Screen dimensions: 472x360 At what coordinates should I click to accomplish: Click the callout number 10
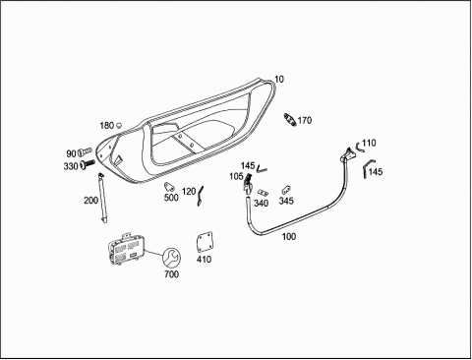279,79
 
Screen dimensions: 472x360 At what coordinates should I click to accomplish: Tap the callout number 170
305,120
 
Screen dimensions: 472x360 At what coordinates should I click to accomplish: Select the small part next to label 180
119,125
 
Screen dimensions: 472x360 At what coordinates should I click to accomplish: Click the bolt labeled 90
85,151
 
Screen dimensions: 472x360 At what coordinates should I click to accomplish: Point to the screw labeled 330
88,164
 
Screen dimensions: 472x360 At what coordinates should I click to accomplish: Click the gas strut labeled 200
103,198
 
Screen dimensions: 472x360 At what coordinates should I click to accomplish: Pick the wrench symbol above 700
171,258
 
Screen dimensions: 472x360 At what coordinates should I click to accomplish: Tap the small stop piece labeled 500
169,187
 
